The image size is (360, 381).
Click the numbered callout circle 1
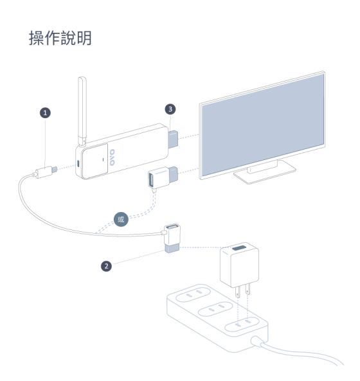tap(45, 113)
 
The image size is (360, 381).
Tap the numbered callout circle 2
tap(106, 266)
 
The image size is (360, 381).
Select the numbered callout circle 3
tap(170, 109)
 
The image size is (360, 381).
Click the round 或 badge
tap(121, 220)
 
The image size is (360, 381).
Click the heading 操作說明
tap(60, 38)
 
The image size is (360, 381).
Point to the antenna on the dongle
tap(82, 111)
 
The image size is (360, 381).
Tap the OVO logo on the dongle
tap(112, 157)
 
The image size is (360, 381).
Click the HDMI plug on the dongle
tap(173, 139)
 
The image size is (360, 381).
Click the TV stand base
tap(265, 173)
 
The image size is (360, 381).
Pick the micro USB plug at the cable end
tap(54, 169)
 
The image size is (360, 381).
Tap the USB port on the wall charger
tap(239, 248)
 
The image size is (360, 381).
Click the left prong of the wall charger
tap(238, 292)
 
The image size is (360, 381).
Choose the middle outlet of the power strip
tap(215, 309)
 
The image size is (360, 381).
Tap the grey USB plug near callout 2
tap(172, 248)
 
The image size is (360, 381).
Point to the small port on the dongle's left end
tap(78, 163)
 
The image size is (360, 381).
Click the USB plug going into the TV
tap(174, 173)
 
